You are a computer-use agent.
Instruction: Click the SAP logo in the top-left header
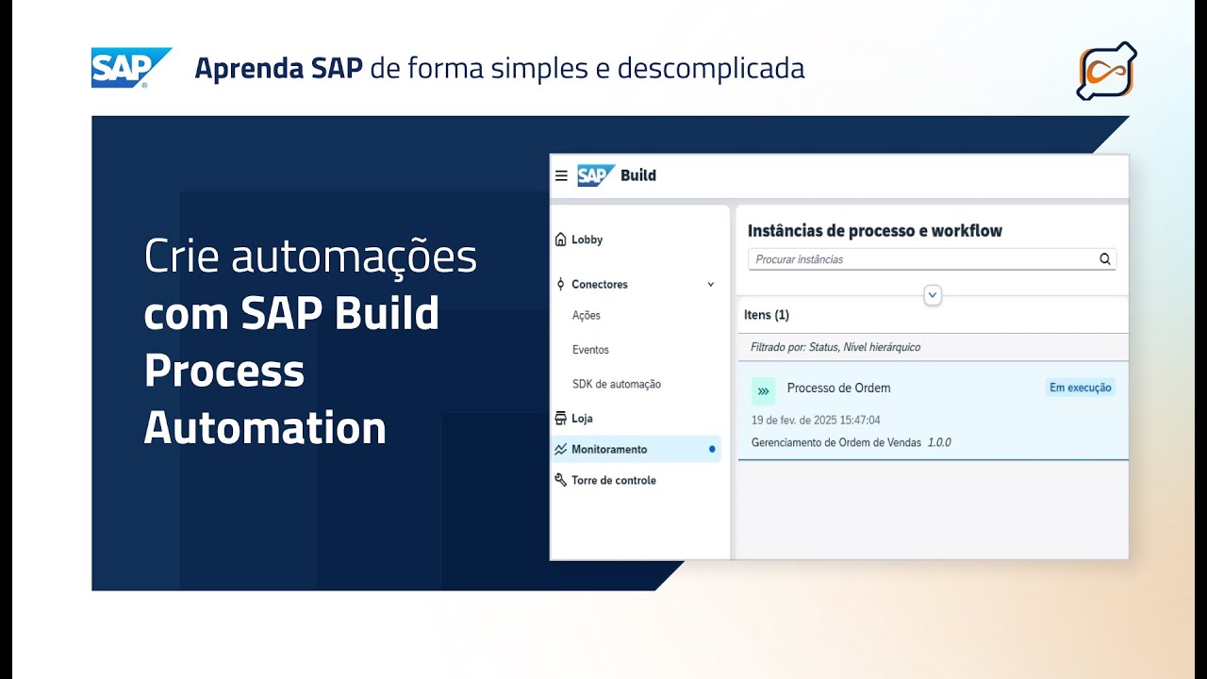tap(131, 68)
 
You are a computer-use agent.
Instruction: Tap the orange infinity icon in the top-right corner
tap(1106, 71)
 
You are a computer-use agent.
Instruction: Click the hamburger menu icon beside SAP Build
tap(561, 175)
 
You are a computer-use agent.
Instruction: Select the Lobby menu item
tap(587, 240)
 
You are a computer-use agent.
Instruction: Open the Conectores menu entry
tap(599, 284)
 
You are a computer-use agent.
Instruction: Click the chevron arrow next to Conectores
tap(711, 284)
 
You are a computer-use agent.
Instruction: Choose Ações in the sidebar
tap(587, 315)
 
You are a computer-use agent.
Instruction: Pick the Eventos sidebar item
tap(590, 350)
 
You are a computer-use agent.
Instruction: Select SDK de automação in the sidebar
tap(617, 384)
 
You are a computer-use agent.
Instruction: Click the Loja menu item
tap(582, 418)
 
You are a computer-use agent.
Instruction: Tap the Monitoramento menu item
tap(609, 449)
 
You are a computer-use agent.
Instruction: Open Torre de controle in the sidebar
tap(613, 480)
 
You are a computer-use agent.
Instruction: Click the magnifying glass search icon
tap(1105, 259)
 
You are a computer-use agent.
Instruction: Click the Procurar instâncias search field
tap(919, 259)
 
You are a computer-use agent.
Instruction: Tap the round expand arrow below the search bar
tap(933, 295)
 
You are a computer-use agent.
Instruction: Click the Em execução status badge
tap(1081, 388)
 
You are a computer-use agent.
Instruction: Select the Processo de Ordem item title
tap(838, 388)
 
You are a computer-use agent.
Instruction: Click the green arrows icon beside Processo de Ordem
tap(763, 390)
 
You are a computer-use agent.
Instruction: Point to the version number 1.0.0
tap(939, 442)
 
